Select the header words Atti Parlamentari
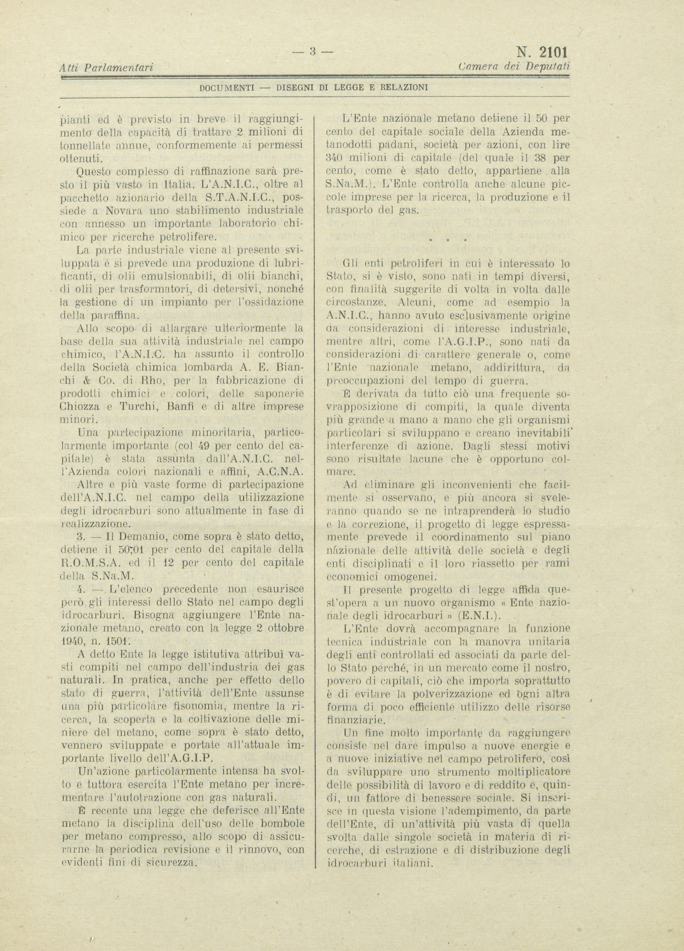pos(106,68)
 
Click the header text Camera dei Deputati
pos(515,66)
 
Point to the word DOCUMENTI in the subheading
pos(227,87)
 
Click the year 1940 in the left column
pos(72,640)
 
